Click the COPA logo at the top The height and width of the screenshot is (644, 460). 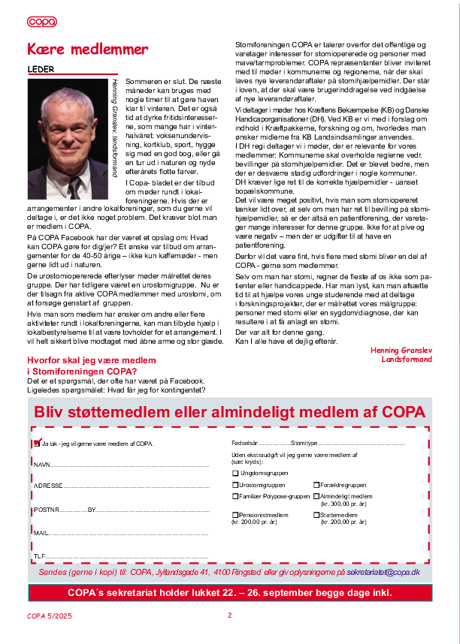click(x=41, y=22)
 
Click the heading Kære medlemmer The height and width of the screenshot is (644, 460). click(x=87, y=50)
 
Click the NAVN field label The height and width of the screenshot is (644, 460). click(x=41, y=465)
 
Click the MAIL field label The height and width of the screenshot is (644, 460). click(x=41, y=534)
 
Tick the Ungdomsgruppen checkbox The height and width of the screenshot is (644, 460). click(x=235, y=474)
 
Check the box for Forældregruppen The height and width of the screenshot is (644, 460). click(x=316, y=486)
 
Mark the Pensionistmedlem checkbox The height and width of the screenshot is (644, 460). click(x=235, y=515)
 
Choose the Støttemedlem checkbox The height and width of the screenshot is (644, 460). click(x=316, y=515)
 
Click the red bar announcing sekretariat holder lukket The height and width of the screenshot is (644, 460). click(x=229, y=592)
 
